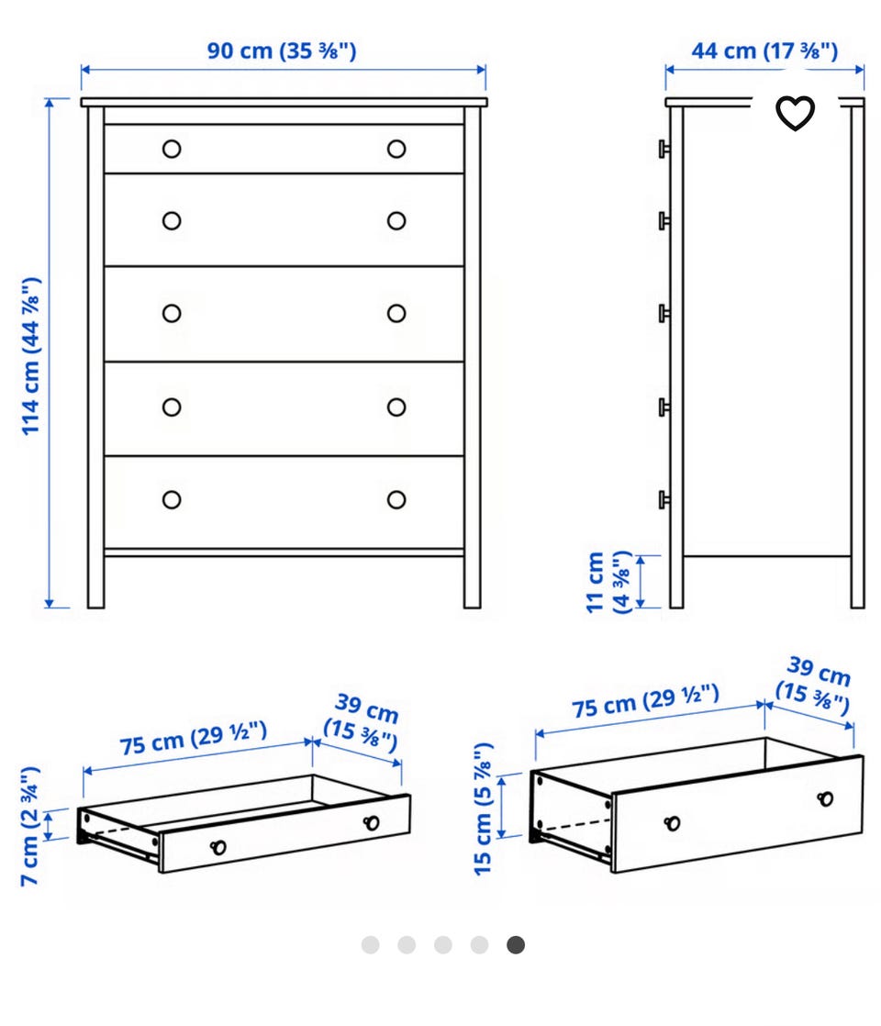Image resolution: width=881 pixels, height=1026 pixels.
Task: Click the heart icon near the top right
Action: point(795,113)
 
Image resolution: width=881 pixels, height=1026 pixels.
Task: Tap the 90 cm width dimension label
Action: point(282,50)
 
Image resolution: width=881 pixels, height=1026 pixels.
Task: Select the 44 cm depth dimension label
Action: point(764,50)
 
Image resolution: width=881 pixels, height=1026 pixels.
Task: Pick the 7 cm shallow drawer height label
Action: point(30,826)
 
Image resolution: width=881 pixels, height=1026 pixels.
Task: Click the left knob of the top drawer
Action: point(172,150)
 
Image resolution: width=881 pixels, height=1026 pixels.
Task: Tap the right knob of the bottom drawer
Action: point(396,500)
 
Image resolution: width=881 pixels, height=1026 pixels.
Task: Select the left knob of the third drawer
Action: point(172,314)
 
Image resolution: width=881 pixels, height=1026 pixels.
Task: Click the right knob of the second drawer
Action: point(396,220)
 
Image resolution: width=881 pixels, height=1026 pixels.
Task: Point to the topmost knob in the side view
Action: point(664,150)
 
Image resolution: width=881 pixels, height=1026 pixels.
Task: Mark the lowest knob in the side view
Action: point(664,500)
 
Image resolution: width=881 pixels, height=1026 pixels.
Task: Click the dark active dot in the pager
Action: point(516,945)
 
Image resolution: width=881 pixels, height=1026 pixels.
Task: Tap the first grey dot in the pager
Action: point(371,945)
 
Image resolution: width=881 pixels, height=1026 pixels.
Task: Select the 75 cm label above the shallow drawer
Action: point(194,738)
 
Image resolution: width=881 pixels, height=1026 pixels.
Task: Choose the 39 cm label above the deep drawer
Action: point(815,686)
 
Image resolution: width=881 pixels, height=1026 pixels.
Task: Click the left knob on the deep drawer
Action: point(672,823)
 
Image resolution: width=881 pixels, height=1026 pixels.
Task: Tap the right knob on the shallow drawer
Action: point(371,822)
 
